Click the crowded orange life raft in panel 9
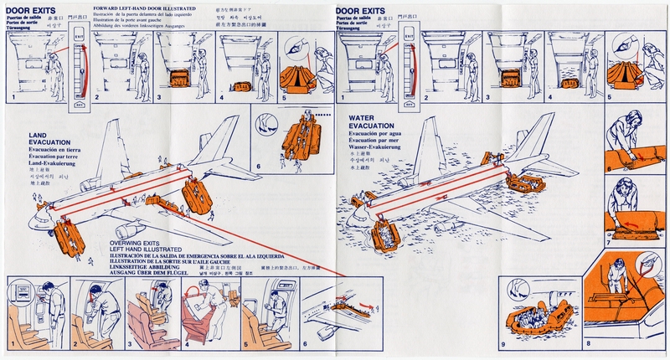coord(544,322)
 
